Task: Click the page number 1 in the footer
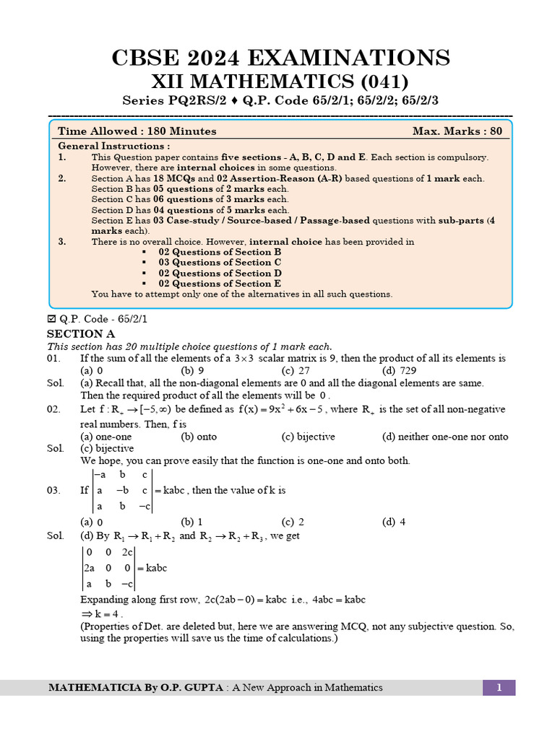(499, 688)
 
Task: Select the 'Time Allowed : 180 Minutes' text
(137, 131)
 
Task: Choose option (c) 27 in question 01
(295, 370)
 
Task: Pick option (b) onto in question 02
(199, 437)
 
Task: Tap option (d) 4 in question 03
(394, 522)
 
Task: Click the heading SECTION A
(81, 334)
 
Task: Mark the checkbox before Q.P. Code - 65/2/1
(51, 318)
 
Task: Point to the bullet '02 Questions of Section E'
(220, 284)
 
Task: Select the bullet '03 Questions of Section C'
(220, 263)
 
